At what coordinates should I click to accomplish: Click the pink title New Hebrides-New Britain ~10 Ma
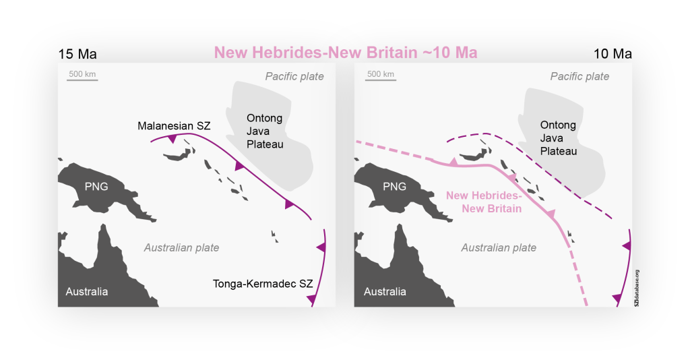pos(345,53)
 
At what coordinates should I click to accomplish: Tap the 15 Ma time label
pos(73,54)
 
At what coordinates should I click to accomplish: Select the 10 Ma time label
pos(613,54)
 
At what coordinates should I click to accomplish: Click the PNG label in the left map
pos(97,186)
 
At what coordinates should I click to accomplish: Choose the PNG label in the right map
pos(395,186)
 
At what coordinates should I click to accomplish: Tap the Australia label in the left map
pos(86,292)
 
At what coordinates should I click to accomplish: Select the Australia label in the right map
pos(385,292)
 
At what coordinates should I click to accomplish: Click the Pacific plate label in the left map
pos(294,76)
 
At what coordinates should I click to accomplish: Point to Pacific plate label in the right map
pos(579,76)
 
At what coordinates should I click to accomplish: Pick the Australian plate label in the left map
pos(181,247)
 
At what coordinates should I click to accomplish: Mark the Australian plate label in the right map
pos(499,247)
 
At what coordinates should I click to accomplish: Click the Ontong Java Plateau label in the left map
pos(264,131)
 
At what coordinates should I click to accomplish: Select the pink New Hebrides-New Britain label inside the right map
pos(484,202)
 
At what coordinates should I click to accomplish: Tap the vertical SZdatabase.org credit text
pos(636,288)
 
